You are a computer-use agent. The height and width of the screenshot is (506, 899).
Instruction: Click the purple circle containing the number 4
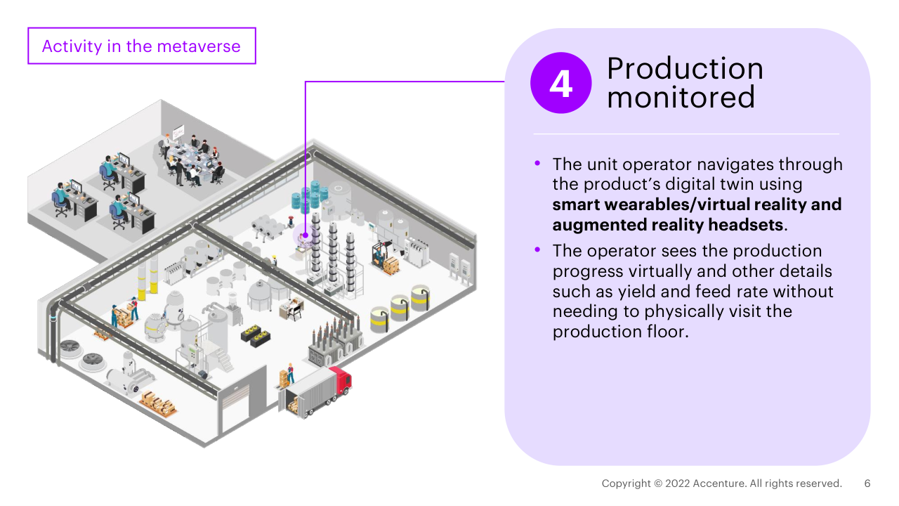pos(560,83)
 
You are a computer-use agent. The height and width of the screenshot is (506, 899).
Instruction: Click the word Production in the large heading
pos(685,69)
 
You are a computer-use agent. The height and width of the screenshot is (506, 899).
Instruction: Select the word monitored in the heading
pos(681,97)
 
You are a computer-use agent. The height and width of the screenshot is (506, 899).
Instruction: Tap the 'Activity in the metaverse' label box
pos(142,46)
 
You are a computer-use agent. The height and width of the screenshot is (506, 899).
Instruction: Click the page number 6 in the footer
pos(867,484)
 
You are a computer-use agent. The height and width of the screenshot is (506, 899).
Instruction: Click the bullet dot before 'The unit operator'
pos(538,163)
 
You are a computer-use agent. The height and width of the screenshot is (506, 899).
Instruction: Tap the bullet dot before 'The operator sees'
pos(538,249)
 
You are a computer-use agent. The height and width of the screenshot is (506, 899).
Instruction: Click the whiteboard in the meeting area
pos(178,131)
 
